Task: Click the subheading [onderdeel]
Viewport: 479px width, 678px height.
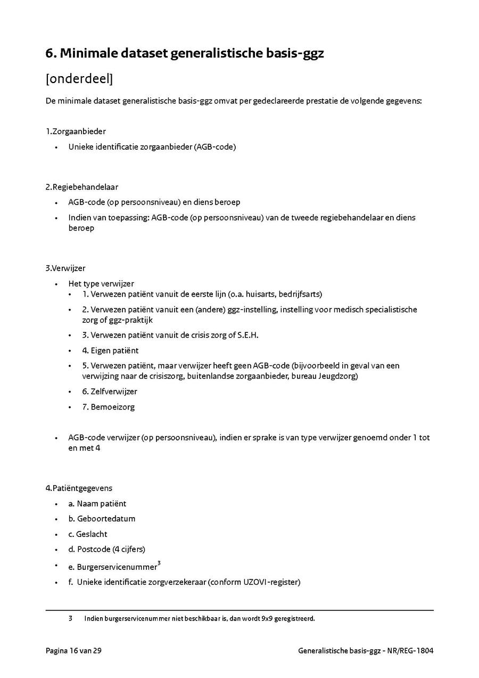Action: pos(79,79)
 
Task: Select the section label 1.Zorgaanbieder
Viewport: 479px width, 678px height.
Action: pos(76,132)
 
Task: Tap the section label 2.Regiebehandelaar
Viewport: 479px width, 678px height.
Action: pos(82,187)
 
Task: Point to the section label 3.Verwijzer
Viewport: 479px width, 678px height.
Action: pos(65,268)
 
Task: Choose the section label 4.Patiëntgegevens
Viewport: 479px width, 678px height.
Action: pos(79,488)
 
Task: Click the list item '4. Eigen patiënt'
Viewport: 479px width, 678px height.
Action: pos(110,350)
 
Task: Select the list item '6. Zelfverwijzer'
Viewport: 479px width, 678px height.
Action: pos(109,391)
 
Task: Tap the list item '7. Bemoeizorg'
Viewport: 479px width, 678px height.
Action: pos(108,407)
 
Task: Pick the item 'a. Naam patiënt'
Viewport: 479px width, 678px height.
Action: pos(97,503)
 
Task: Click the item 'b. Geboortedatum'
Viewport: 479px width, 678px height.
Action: pos(102,519)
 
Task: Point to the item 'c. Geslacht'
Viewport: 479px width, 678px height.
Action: pos(88,534)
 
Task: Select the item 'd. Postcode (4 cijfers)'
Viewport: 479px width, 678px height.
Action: pos(106,549)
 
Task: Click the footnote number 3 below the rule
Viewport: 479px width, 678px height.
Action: pos(70,619)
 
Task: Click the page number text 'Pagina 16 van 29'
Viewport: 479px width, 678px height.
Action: pos(73,650)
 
